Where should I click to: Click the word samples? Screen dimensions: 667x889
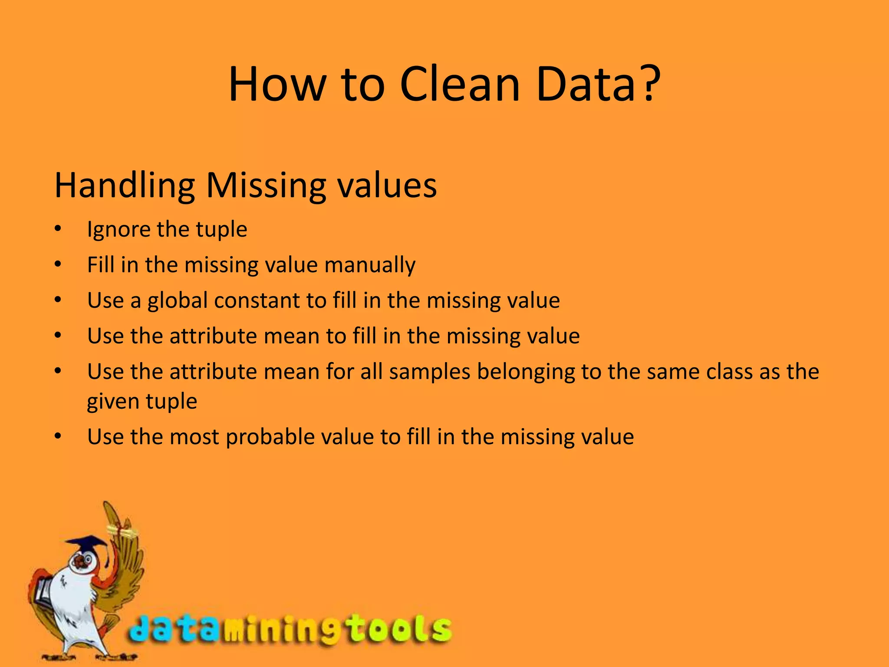coord(429,372)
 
